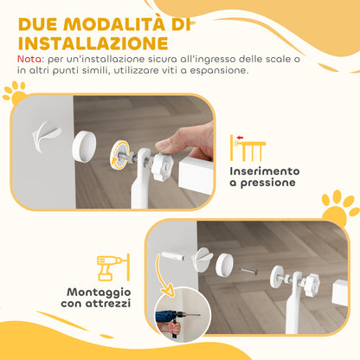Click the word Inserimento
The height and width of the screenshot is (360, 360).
[x=265, y=170]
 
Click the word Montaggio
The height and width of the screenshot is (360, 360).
[x=93, y=291]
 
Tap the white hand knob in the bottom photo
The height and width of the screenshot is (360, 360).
[x=306, y=283]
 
